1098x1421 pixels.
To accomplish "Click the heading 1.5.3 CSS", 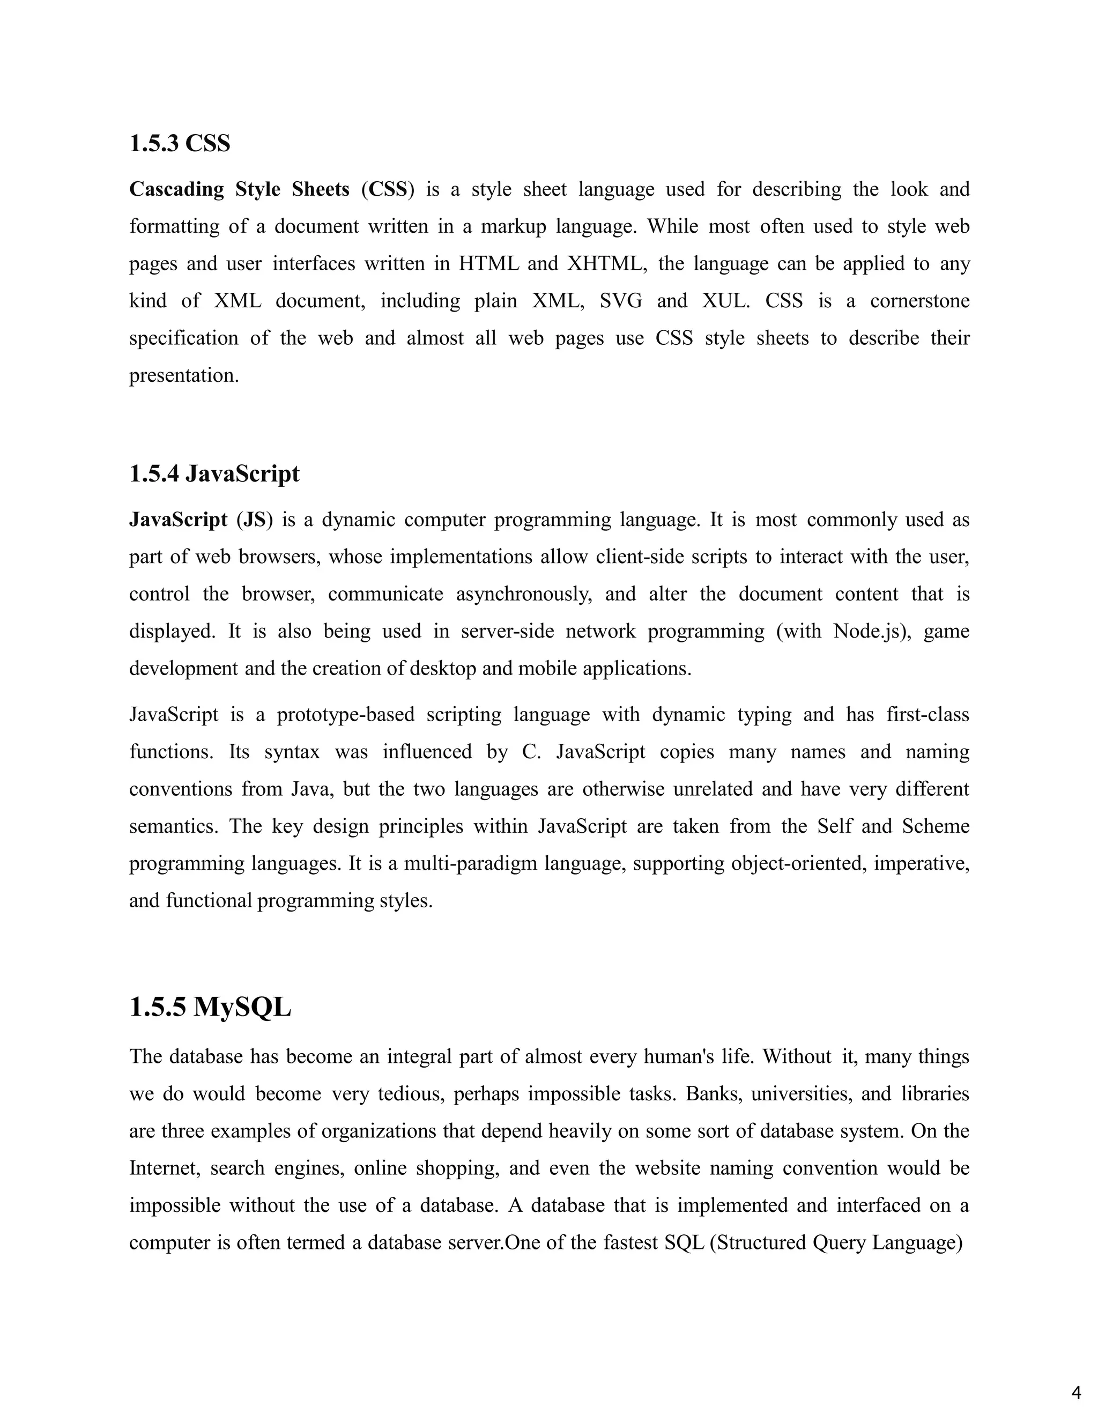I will click(180, 143).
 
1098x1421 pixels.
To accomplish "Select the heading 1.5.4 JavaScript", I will click(214, 473).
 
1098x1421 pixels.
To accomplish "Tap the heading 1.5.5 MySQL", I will click(210, 1007).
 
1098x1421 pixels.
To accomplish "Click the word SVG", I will click(620, 301).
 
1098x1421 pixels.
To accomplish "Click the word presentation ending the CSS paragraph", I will click(183, 375).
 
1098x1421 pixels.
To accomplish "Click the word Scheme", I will click(936, 826).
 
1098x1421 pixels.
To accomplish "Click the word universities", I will click(802, 1094).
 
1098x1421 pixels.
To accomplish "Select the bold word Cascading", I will click(176, 189).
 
